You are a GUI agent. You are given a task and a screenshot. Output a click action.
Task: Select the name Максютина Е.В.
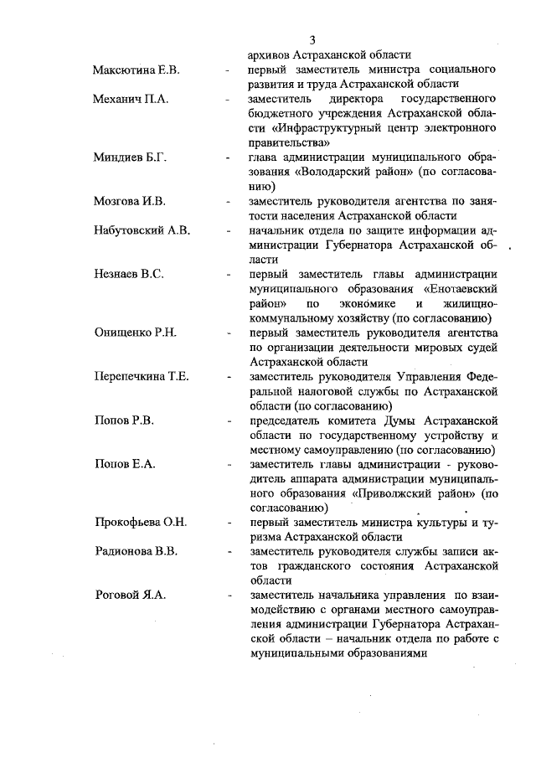tap(135, 69)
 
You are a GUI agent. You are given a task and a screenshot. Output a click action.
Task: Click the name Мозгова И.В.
tap(129, 201)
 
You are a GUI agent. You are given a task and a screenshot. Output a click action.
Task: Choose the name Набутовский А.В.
tap(142, 230)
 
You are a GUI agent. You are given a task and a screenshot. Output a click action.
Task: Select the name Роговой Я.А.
tap(129, 595)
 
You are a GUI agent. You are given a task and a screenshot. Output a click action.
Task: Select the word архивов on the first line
tap(273, 54)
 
